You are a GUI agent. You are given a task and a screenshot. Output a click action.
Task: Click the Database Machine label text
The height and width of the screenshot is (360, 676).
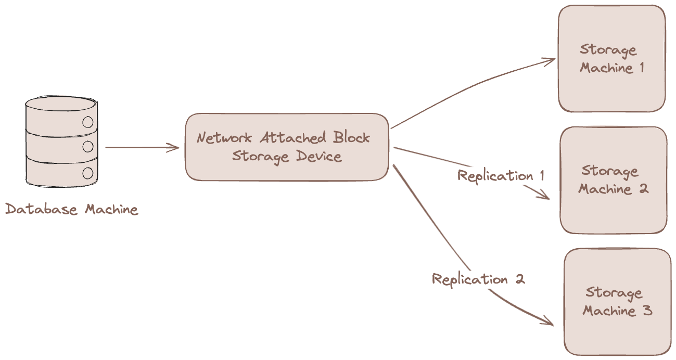click(72, 210)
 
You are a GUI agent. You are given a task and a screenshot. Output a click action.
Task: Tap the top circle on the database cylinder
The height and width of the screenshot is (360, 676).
click(88, 123)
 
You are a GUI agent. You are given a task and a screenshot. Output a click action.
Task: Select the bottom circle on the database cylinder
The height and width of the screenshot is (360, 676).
click(88, 173)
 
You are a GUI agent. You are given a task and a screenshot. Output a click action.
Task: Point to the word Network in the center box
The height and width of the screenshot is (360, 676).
click(224, 138)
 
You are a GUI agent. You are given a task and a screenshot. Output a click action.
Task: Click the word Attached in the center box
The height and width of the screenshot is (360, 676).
click(293, 138)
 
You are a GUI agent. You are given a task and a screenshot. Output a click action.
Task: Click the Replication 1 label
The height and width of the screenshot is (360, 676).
click(501, 176)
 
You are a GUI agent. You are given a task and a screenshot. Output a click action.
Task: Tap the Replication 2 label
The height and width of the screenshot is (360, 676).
click(478, 279)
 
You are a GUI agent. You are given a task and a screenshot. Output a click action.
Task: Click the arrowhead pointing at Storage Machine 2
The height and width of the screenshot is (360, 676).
click(545, 197)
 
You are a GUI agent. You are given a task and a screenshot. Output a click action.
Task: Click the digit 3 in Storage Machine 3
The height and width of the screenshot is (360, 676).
click(647, 311)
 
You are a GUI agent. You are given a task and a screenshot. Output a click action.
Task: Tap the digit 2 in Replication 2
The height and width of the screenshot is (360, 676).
click(519, 279)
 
